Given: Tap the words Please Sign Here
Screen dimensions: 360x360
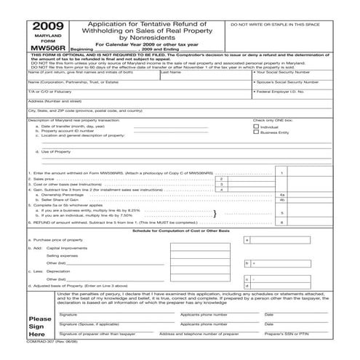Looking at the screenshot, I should point(39,326).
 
